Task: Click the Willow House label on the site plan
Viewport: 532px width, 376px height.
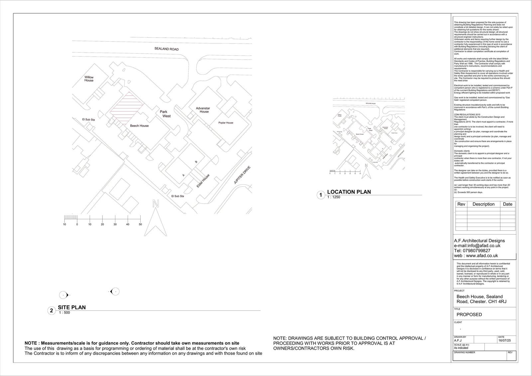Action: pyautogui.click(x=89, y=79)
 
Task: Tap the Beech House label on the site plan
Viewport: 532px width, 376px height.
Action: pyautogui.click(x=139, y=126)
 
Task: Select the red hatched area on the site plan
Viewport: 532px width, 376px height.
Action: pyautogui.click(x=127, y=107)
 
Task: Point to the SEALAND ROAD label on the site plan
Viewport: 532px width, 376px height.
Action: pyautogui.click(x=166, y=49)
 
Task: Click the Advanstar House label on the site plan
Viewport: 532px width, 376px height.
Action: pyautogui.click(x=203, y=110)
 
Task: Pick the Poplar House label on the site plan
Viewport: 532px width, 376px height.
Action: pyautogui.click(x=226, y=123)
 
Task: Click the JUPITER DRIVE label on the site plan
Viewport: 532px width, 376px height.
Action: pyautogui.click(x=242, y=175)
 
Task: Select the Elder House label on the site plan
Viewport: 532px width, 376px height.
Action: pyautogui.click(x=203, y=181)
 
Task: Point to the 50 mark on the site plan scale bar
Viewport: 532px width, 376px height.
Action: pyautogui.click(x=140, y=224)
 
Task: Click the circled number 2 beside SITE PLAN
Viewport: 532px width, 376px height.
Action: pyautogui.click(x=51, y=311)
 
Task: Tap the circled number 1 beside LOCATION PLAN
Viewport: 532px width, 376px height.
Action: pyautogui.click(x=321, y=195)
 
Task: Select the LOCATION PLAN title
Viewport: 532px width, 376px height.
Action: pyautogui.click(x=349, y=192)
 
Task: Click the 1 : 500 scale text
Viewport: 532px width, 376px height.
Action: pyautogui.click(x=65, y=313)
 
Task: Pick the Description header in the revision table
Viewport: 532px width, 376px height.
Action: pyautogui.click(x=483, y=204)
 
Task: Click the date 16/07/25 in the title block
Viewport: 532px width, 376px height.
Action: pyautogui.click(x=504, y=341)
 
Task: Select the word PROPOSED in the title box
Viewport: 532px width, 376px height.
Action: pyautogui.click(x=469, y=314)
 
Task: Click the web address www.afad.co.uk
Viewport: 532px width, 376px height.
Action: pyautogui.click(x=481, y=256)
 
